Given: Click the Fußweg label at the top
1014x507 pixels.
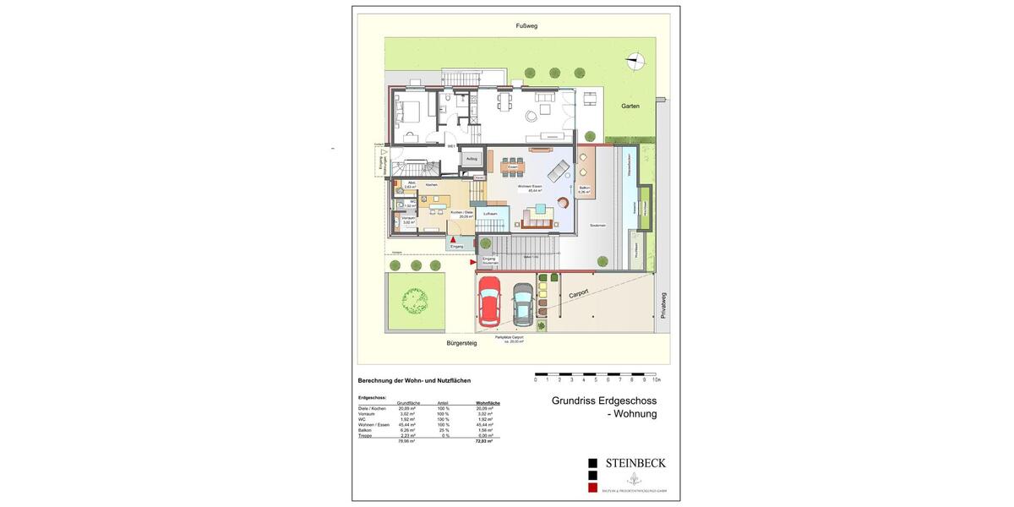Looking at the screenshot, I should point(526,26).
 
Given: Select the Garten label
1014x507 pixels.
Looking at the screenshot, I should point(630,106).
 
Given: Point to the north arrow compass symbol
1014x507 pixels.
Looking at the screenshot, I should point(635,60).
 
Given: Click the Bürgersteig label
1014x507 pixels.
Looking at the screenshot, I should point(462,343).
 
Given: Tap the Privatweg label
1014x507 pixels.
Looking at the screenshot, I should point(663,306).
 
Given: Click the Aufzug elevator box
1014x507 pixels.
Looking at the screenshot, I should point(472,158).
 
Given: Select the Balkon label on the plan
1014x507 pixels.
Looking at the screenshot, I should point(585,188).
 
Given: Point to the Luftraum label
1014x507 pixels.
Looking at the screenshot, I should point(490,215).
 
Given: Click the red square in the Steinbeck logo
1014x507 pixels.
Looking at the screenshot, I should point(593,488).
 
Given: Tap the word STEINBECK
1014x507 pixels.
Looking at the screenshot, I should point(635,463).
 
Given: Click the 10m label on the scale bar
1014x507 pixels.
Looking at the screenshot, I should point(657,380).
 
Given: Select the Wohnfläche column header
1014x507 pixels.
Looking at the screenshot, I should point(488,403).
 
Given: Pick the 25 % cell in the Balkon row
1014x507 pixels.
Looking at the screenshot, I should point(443,429).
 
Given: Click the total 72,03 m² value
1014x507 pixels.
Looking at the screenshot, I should point(483,441).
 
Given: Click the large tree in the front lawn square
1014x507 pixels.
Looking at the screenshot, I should point(414,298).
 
